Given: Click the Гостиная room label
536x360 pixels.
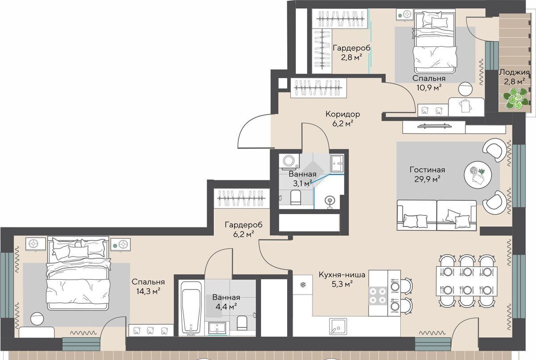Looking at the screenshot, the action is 427,170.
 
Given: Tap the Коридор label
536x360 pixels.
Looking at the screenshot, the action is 343,114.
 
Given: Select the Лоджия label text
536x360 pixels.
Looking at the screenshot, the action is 514,72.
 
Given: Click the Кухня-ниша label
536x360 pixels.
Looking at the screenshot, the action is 342,275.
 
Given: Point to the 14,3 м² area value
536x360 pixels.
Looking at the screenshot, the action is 148,291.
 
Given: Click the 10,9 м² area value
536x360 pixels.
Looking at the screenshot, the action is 429,88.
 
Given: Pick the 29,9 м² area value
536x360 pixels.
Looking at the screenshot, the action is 427,179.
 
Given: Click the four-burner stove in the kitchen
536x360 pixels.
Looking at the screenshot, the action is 378,295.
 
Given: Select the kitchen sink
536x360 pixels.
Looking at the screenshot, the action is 338,327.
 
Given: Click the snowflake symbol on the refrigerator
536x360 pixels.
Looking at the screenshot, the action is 303,285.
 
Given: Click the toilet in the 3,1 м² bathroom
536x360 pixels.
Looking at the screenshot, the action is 295,198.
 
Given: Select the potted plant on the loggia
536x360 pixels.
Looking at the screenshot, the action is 515,98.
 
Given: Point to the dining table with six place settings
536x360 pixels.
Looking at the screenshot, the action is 467,281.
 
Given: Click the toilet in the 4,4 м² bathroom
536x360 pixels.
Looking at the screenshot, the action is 242,323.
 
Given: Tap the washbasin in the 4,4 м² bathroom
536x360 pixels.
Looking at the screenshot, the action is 217,328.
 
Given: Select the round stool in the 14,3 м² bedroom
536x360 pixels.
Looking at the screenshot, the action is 37,319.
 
